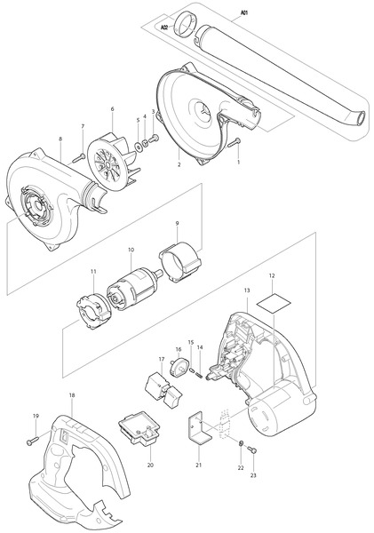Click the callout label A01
point(244,13)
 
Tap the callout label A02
point(165,28)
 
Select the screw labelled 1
point(235,143)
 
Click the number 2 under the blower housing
point(179,165)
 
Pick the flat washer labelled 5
point(139,147)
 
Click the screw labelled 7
point(79,157)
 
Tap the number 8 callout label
point(60,139)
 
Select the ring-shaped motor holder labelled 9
point(180,261)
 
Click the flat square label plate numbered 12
point(275,303)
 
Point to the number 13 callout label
point(247,290)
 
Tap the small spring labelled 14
point(199,375)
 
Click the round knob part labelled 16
point(179,368)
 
